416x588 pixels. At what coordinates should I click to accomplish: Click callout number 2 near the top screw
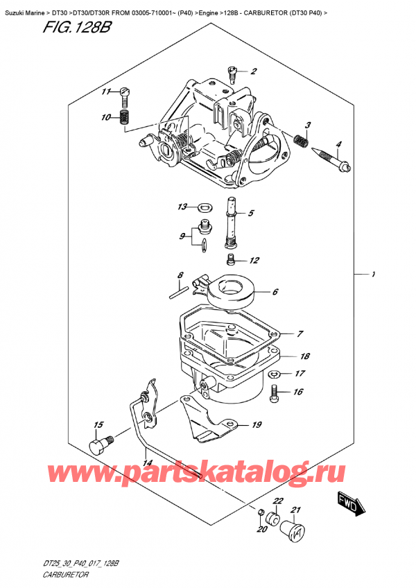click(254, 71)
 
